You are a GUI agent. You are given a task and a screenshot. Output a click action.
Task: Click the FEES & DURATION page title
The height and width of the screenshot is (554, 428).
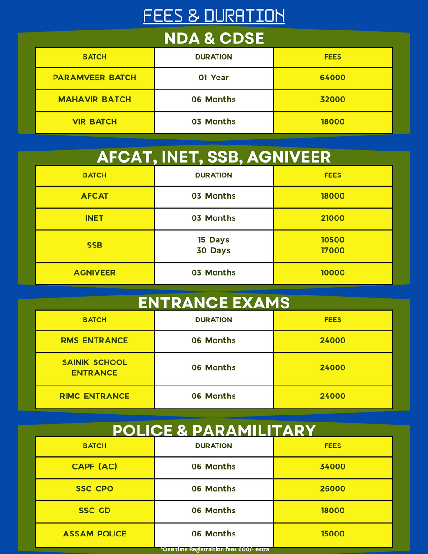point(214,16)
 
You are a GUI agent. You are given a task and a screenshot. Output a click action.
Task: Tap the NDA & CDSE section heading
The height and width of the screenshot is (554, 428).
point(214,38)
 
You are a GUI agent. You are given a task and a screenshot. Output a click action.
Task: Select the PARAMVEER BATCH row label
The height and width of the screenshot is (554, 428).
point(95,78)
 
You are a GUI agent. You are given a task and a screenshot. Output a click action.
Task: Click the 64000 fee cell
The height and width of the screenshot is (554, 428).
point(332,78)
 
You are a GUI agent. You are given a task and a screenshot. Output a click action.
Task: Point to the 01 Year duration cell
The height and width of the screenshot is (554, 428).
point(213,78)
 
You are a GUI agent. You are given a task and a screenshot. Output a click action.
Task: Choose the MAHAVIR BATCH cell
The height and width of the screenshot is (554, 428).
point(95,99)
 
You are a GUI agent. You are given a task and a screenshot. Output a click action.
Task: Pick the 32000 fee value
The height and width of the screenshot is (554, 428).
point(332,99)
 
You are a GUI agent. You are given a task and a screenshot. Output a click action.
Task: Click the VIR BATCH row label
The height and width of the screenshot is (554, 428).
point(95,121)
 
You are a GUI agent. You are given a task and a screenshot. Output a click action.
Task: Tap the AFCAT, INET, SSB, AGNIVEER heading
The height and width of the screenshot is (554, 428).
point(214,157)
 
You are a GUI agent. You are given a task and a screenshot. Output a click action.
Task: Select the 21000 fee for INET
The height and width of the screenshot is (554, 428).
point(332,218)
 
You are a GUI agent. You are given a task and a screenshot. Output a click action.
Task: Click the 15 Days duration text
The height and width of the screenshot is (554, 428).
point(213,240)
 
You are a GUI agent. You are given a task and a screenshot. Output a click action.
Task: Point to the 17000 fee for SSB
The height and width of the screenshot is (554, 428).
point(332,251)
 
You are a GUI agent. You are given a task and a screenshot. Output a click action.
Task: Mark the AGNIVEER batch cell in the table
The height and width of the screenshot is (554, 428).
point(95,272)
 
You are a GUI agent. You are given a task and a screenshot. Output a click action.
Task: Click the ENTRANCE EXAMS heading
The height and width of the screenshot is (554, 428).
point(214,302)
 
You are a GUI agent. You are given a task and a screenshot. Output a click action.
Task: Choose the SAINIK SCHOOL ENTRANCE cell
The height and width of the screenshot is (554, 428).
point(95,367)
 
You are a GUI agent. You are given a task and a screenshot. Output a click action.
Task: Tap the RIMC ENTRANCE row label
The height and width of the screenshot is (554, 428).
point(95,396)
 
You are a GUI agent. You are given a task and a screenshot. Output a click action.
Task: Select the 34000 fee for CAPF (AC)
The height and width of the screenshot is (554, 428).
point(332,466)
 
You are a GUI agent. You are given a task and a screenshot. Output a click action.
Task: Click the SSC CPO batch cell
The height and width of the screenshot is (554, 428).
point(95,488)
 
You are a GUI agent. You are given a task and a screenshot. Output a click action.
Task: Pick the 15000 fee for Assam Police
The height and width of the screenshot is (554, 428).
point(332,534)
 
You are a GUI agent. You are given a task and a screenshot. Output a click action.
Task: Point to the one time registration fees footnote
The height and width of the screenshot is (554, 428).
point(214,549)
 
